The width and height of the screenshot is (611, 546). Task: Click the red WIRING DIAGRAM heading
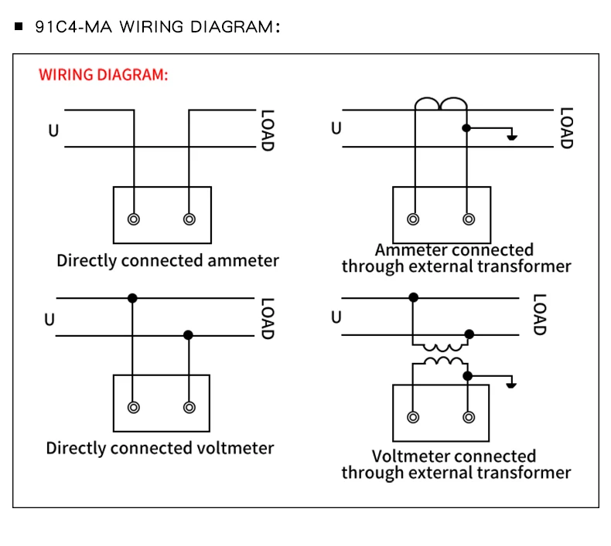(x=103, y=76)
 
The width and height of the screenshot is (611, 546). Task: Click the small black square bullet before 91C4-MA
(x=19, y=27)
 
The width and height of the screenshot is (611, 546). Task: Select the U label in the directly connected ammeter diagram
(x=53, y=131)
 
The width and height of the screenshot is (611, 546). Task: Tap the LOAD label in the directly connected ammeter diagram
(x=267, y=130)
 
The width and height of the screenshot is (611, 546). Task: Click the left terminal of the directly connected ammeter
(x=135, y=219)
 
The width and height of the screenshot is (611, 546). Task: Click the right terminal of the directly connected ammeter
(x=189, y=219)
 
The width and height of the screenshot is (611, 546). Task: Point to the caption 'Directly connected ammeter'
(x=167, y=261)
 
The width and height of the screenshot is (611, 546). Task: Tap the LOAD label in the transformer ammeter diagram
(x=565, y=127)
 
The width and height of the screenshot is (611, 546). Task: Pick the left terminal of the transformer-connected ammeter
(x=414, y=219)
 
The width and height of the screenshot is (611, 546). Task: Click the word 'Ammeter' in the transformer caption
(x=411, y=250)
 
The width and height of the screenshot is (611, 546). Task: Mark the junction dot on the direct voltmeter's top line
(x=133, y=298)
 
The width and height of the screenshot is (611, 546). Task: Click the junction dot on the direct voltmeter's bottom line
(x=188, y=335)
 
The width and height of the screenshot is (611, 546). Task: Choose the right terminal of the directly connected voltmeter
(x=189, y=406)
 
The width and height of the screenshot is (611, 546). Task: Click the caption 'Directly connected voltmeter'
(x=160, y=448)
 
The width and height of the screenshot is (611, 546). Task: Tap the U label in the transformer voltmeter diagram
(x=336, y=317)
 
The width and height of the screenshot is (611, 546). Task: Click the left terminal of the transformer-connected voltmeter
(x=413, y=417)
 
